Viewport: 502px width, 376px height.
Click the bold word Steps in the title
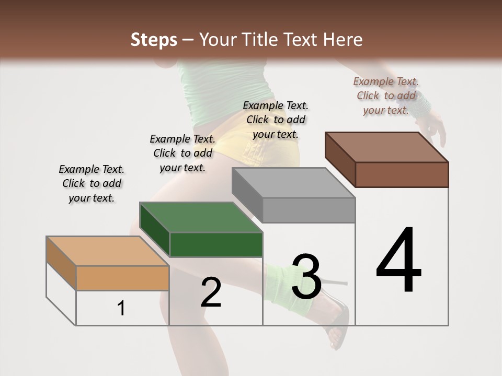[x=154, y=40]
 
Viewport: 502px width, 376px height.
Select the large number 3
[x=306, y=277]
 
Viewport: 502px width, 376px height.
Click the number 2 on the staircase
[x=211, y=292]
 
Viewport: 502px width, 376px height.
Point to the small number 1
[x=121, y=308]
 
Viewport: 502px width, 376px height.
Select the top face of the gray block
[x=293, y=183]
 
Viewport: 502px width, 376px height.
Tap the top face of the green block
[x=201, y=217]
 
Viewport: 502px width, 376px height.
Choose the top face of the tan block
[x=107, y=251]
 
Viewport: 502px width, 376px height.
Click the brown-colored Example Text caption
[x=386, y=96]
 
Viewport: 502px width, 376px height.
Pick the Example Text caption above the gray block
[x=276, y=120]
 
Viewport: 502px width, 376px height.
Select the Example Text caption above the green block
[x=182, y=153]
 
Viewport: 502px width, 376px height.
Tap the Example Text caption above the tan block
[x=92, y=183]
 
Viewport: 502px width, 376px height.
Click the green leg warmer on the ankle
[x=280, y=282]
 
